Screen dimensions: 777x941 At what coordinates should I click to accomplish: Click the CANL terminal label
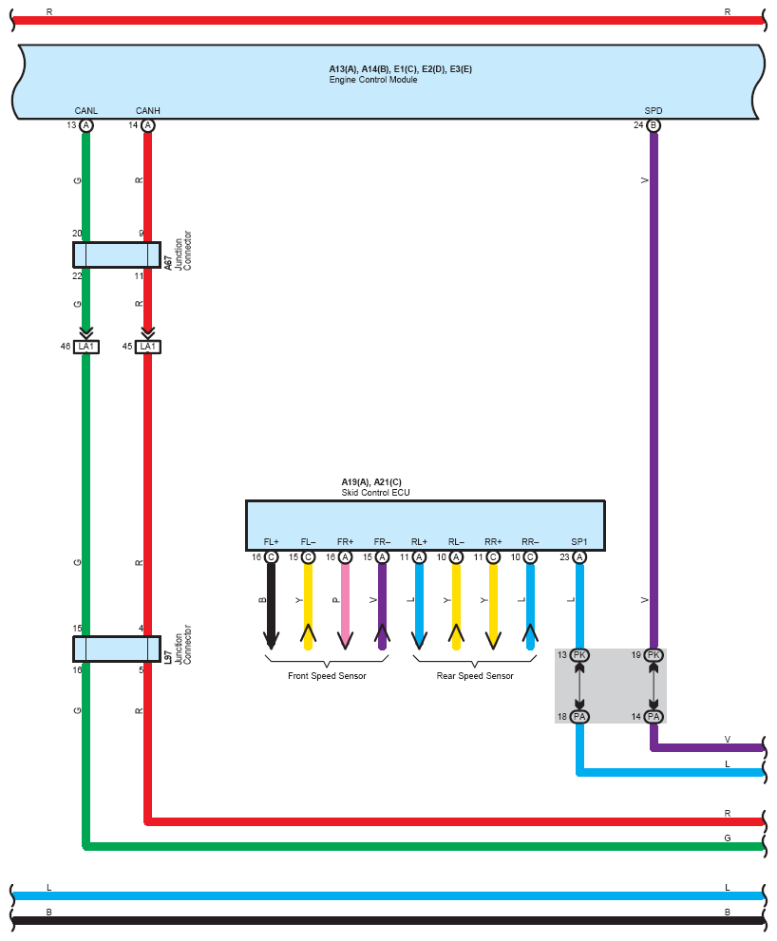[85, 111]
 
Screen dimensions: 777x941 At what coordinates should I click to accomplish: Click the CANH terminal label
[148, 111]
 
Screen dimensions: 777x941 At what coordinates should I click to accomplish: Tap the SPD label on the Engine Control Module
[654, 111]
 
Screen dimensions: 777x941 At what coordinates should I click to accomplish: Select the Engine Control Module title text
[373, 80]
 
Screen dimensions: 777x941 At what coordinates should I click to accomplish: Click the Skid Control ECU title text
[375, 493]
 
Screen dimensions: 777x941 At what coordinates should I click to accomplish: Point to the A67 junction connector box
[117, 255]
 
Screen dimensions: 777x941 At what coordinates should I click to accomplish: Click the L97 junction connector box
[117, 649]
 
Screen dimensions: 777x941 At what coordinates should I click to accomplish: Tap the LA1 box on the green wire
[85, 347]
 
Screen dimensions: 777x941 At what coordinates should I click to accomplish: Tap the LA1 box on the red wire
[148, 347]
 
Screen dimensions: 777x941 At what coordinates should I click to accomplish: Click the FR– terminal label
[382, 542]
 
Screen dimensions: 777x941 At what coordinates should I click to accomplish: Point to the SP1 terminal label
[578, 542]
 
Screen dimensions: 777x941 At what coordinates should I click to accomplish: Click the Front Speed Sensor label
[327, 676]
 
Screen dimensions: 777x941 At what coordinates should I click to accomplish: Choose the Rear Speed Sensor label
[475, 676]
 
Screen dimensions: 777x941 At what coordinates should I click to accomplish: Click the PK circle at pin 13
[579, 655]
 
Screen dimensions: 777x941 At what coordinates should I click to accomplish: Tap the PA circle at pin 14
[654, 717]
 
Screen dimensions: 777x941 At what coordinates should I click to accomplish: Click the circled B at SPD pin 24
[654, 125]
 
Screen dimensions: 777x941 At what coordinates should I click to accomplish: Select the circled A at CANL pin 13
[85, 125]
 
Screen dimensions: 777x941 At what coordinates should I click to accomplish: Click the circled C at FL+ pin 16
[271, 557]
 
